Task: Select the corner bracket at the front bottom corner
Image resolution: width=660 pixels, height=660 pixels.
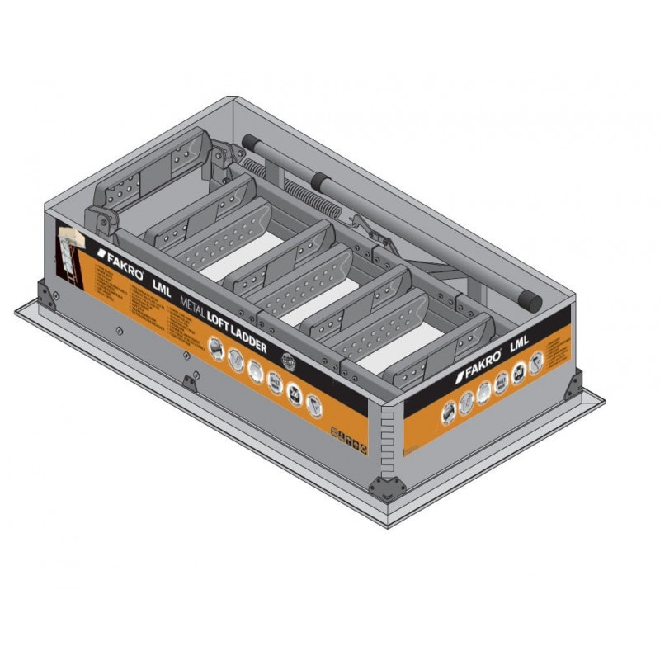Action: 384,487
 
